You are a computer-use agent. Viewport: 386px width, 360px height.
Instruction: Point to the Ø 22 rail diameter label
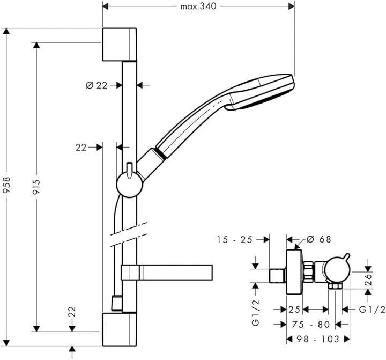pyautogui.click(x=97, y=85)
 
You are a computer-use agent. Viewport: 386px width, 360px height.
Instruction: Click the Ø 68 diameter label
pyautogui.click(x=319, y=240)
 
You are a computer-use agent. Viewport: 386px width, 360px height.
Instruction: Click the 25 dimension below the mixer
pyautogui.click(x=294, y=310)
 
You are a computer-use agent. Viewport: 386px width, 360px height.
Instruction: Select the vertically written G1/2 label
pyautogui.click(x=256, y=314)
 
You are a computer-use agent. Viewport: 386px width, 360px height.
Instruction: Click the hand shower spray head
pyautogui.click(x=263, y=93)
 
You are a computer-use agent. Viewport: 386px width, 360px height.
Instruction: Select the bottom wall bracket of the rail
pyautogui.click(x=120, y=329)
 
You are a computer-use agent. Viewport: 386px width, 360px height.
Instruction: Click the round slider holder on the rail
pyautogui.click(x=129, y=185)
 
